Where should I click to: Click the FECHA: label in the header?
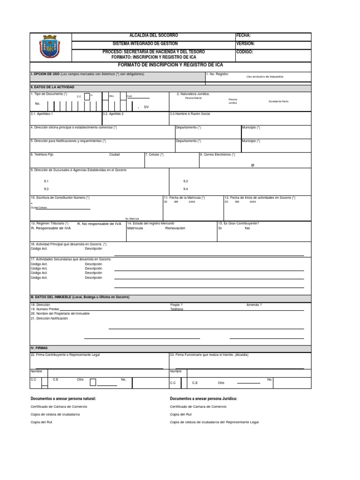point(244,36)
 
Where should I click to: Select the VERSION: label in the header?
point(246,44)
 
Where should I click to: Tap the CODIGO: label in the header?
point(245,52)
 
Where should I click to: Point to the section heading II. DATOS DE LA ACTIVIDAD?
point(52,87)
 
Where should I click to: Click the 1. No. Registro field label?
point(217,74)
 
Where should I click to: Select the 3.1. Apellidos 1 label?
point(42,113)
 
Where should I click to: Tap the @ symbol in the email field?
point(252,165)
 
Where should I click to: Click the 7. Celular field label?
point(155,154)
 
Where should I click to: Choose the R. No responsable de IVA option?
point(99,224)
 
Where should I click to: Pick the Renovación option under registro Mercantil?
point(175,228)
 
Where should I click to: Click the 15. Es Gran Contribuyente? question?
point(239,224)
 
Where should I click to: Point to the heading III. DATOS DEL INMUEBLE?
point(80,297)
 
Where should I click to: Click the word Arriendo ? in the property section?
point(254,305)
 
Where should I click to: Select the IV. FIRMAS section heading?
point(39,348)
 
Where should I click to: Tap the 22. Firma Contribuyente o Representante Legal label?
point(65,355)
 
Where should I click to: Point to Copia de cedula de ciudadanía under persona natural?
point(55,414)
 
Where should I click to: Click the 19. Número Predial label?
point(45,309)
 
